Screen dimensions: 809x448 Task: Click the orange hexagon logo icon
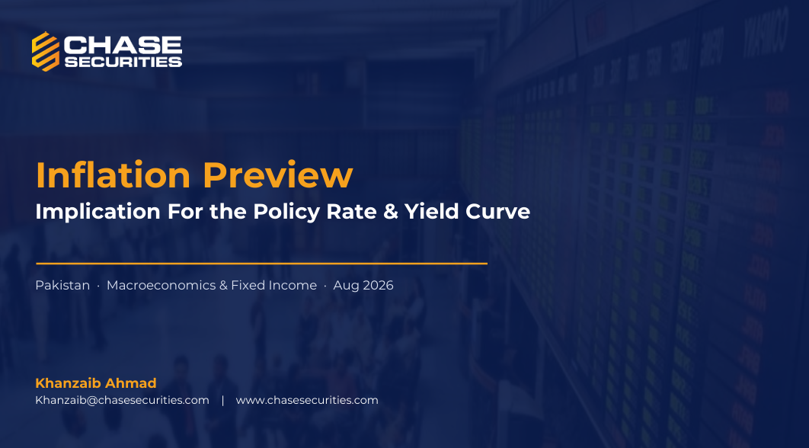(46, 51)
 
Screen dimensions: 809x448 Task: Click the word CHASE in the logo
(123, 46)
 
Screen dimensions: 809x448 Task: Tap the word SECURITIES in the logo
(123, 62)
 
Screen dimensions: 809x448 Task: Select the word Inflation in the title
(113, 175)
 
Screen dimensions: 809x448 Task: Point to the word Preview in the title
(277, 175)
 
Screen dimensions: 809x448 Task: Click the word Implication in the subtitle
(98, 212)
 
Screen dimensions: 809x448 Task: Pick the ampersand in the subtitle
(391, 212)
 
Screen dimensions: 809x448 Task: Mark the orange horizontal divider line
(261, 263)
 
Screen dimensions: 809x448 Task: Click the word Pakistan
(62, 285)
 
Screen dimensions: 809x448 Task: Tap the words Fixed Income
(273, 285)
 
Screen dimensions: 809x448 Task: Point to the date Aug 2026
(363, 285)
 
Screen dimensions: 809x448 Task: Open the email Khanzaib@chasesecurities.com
(123, 400)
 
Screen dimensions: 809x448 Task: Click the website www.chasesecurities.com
(307, 400)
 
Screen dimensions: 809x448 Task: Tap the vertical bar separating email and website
(223, 400)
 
